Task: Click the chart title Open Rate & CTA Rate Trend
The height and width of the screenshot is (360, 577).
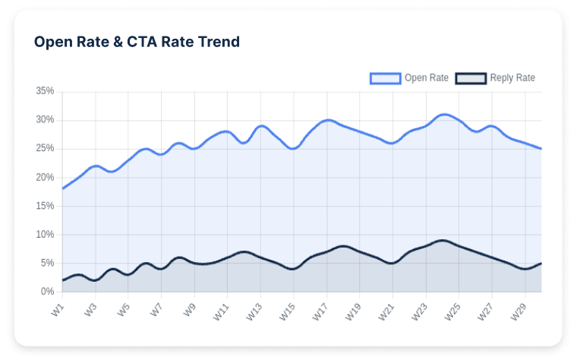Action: [x=137, y=42]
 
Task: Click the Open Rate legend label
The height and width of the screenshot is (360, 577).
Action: [x=426, y=77]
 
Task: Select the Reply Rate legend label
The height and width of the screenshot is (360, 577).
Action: [x=512, y=77]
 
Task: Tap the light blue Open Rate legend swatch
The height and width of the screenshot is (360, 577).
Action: [x=385, y=77]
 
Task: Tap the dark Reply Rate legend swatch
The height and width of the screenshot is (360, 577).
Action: [x=470, y=77]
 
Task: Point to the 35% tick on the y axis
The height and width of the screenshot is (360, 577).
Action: [x=45, y=91]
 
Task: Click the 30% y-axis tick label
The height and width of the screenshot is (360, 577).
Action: [x=45, y=120]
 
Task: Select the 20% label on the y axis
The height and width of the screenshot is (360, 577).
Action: [x=45, y=177]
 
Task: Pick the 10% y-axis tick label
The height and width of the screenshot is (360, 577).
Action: [x=45, y=235]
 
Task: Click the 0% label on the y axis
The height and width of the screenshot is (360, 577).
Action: [x=47, y=292]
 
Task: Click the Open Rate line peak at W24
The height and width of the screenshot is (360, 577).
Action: [x=443, y=115]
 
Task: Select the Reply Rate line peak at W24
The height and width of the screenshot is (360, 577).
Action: [x=443, y=240]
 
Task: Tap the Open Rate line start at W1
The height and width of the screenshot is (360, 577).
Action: [x=62, y=188]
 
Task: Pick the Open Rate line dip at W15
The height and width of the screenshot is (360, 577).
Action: [x=293, y=149]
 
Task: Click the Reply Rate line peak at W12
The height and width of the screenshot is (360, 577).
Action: [x=244, y=251]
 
